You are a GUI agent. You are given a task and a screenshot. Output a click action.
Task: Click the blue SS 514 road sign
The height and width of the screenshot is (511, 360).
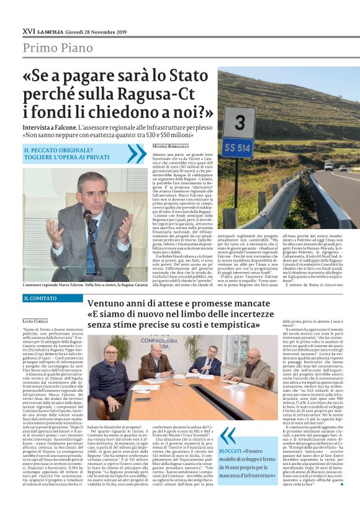point(236,147)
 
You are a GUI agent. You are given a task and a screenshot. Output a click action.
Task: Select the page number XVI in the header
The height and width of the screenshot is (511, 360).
point(28,30)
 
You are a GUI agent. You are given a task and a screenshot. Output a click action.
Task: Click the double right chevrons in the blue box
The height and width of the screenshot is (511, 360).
point(136,153)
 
